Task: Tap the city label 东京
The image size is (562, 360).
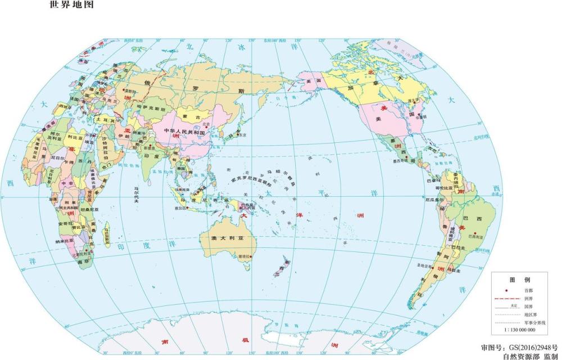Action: point(243,135)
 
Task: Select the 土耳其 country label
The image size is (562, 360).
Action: point(106,120)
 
